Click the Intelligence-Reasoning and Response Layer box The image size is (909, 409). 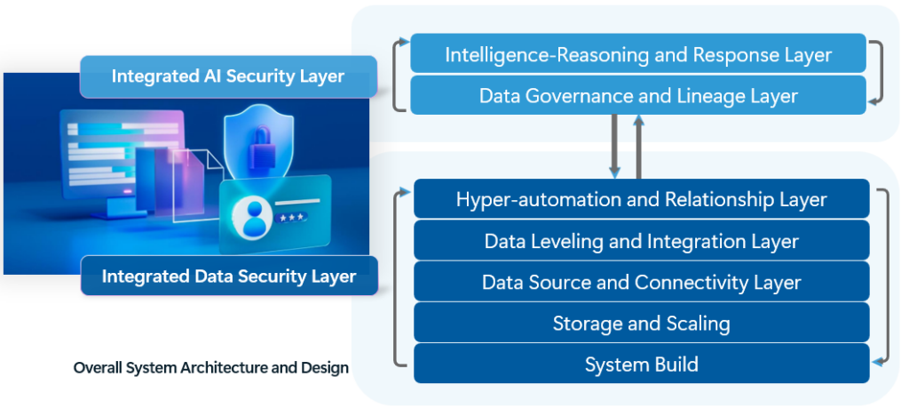coord(638,54)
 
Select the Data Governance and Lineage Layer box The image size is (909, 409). coord(638,95)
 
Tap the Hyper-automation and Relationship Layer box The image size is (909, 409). coord(641,199)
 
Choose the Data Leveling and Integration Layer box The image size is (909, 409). coord(641,241)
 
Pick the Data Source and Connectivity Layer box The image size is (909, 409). coord(641,283)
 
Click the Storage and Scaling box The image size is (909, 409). coord(641,323)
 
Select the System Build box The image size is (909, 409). coord(641,364)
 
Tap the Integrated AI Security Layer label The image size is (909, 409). coord(227,76)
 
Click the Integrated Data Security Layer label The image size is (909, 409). coord(229,276)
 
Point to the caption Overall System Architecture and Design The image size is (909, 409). coord(211,367)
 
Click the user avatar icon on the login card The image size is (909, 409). coord(251,219)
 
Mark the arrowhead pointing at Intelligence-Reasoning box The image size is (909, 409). coord(404,42)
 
